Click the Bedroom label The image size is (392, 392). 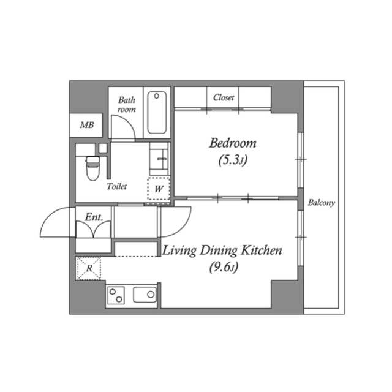pyautogui.click(x=232, y=144)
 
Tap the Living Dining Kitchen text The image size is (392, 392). pyautogui.click(x=221, y=251)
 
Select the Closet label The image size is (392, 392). pyautogui.click(x=224, y=97)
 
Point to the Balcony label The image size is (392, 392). pyautogui.click(x=322, y=203)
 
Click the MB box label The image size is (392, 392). pyautogui.click(x=87, y=126)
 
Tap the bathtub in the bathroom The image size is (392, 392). pyautogui.click(x=158, y=113)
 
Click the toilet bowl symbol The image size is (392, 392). pyautogui.click(x=92, y=168)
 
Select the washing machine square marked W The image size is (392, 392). pyautogui.click(x=159, y=188)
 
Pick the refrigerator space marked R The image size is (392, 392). pyautogui.click(x=88, y=268)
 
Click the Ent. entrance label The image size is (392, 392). pyautogui.click(x=92, y=216)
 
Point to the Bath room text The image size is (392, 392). pyautogui.click(x=127, y=104)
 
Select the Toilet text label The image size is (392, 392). pyautogui.click(x=116, y=186)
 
